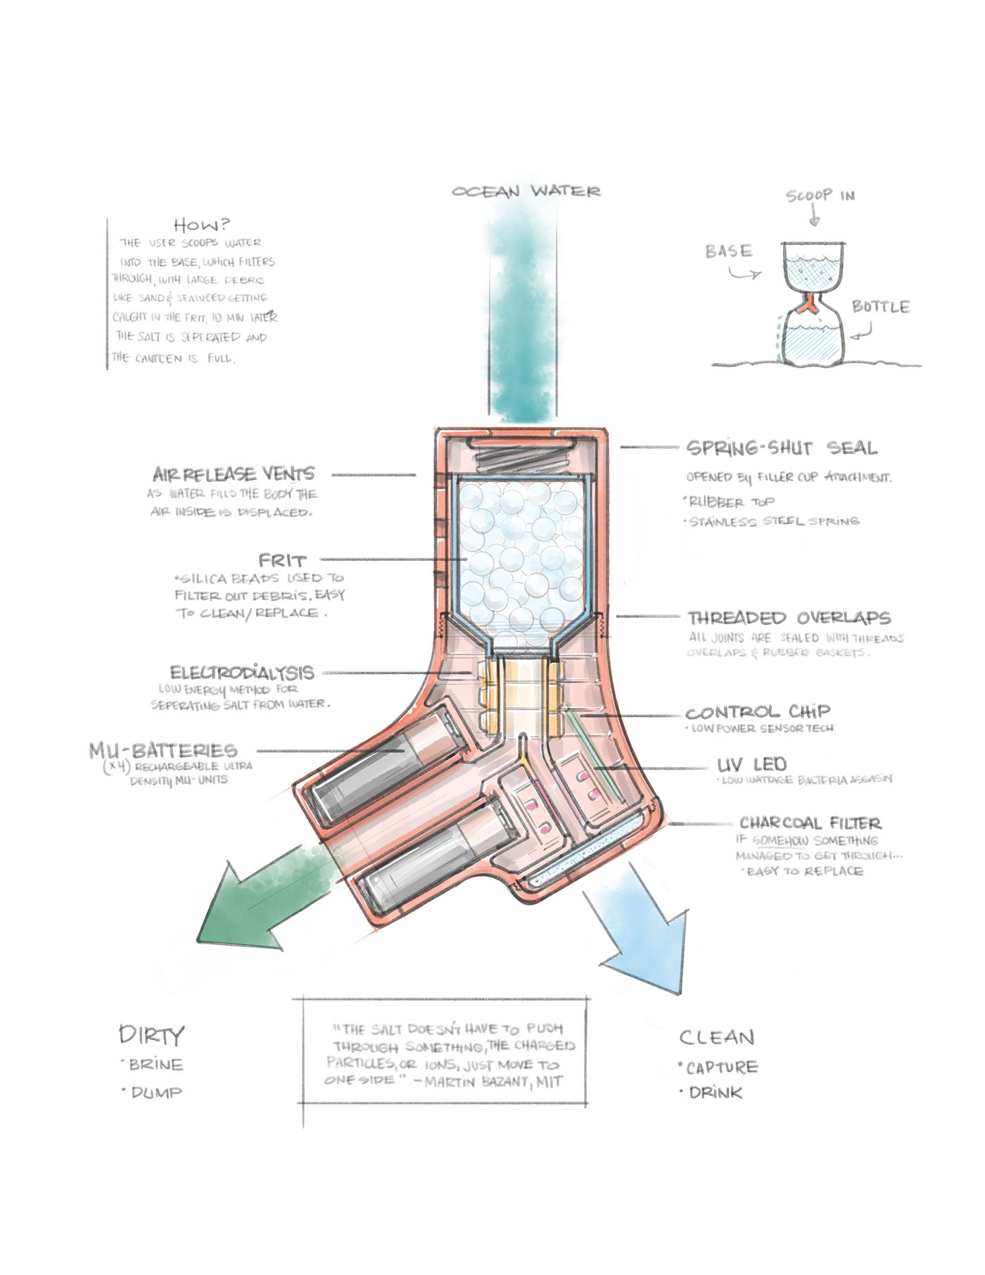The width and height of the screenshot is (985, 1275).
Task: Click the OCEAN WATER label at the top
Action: (526, 191)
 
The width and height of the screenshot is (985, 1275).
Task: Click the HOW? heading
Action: (202, 224)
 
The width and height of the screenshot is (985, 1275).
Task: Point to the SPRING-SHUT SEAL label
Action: (781, 448)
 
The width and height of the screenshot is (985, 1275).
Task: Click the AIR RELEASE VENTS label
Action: (234, 474)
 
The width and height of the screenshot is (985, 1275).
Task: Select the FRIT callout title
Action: (283, 561)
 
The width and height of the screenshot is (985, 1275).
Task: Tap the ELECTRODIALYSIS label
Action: (242, 672)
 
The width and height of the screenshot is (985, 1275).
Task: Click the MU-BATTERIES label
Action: (163, 750)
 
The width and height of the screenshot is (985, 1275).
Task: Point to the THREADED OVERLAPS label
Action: (789, 618)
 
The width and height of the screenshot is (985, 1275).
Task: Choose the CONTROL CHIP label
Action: (758, 712)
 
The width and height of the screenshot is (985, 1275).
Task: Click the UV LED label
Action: (751, 765)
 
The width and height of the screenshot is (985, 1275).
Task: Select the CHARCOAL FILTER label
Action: (810, 823)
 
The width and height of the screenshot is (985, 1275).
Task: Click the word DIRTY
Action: (151, 1035)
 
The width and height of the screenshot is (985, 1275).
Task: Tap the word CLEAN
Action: (717, 1037)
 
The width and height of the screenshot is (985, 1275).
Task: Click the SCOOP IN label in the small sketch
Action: (820, 195)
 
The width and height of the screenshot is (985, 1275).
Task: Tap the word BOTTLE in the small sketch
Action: (880, 307)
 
